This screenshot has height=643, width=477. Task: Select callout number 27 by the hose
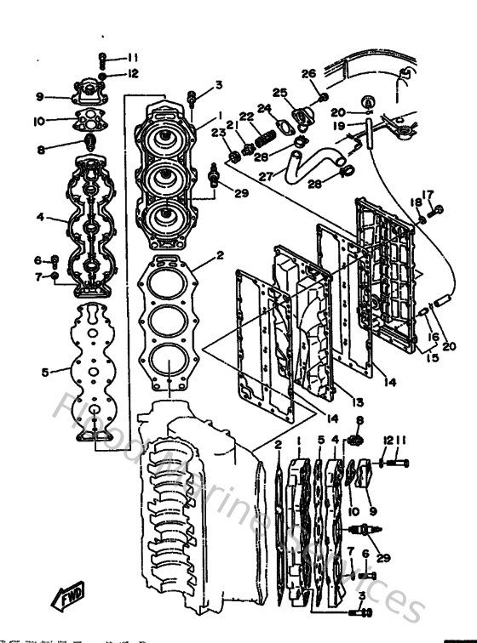click(267, 176)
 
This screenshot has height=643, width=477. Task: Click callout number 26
click(308, 73)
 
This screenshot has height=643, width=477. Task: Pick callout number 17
click(428, 194)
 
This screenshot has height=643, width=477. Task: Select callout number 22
click(246, 117)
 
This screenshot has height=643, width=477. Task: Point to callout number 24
click(264, 108)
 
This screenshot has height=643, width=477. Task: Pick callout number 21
click(229, 124)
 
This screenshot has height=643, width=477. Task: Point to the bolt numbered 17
click(439, 208)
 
